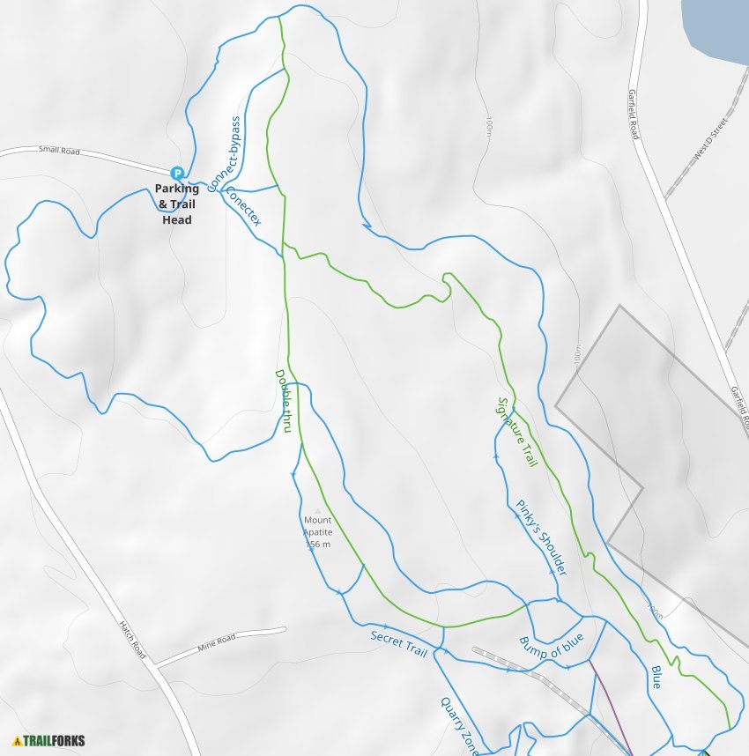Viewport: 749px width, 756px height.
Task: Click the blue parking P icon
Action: coord(177,174)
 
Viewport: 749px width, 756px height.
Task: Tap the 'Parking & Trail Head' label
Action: coord(177,204)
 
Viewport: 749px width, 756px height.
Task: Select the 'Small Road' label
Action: coord(59,152)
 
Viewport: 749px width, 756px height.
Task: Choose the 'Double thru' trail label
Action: coord(284,402)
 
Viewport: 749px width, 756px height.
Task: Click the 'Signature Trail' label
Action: coord(517,432)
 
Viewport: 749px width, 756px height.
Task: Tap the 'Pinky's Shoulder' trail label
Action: coord(541,537)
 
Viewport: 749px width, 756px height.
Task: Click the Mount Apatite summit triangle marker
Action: coord(318,510)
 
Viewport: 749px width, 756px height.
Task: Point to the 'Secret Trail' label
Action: coord(398,643)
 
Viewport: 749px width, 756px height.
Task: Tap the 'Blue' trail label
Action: coord(656,676)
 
